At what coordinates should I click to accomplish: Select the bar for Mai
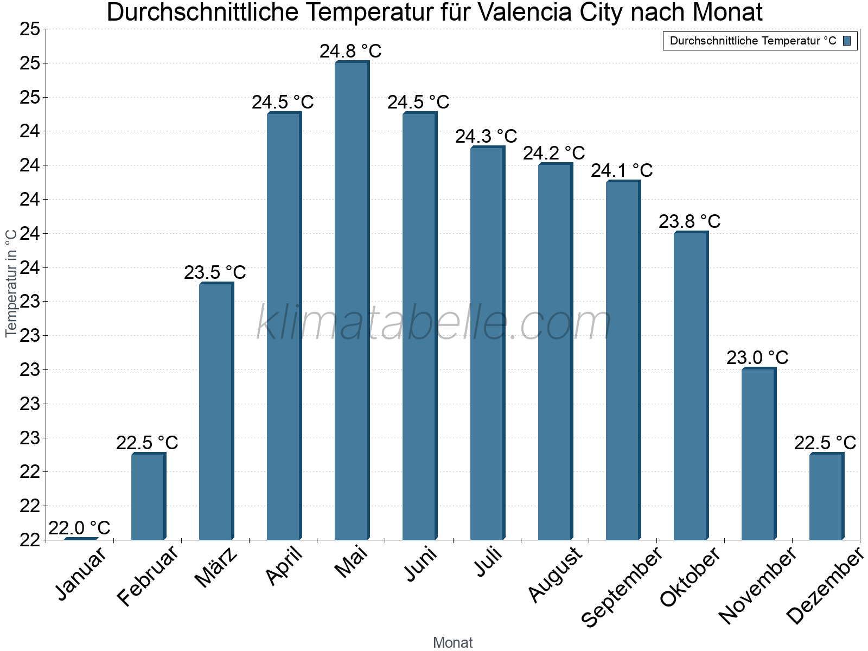[352, 301]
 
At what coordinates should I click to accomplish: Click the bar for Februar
[148, 496]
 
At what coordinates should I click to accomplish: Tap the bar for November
[758, 454]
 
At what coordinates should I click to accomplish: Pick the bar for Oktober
[691, 386]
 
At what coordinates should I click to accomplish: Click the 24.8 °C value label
[350, 52]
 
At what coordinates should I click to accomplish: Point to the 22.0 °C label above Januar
[79, 528]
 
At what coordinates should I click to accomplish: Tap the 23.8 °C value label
[690, 221]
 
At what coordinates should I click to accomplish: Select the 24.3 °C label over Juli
[486, 136]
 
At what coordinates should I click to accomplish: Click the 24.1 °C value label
[622, 171]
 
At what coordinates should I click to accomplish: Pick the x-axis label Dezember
[825, 586]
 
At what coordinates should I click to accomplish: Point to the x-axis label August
[555, 575]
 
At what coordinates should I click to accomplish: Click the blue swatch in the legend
[847, 41]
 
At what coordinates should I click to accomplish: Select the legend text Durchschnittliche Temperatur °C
[753, 41]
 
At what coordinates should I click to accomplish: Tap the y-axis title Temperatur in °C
[11, 283]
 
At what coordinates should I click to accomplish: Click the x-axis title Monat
[453, 642]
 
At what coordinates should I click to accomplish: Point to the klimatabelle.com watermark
[434, 323]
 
